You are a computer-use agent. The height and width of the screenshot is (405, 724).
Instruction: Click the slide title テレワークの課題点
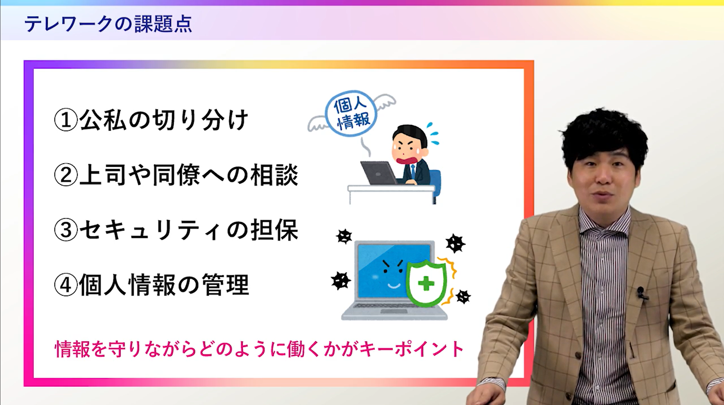coord(108,24)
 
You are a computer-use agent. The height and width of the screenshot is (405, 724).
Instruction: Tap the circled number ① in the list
coord(66,120)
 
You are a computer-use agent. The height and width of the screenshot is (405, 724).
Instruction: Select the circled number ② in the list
coord(66,175)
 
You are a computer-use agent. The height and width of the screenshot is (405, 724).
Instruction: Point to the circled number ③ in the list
coord(66,230)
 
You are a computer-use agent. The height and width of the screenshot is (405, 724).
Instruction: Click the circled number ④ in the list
coord(66,285)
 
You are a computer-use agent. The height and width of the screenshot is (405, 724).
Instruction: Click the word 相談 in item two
coord(274,175)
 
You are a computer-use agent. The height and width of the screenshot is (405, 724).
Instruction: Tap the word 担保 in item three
coord(274,230)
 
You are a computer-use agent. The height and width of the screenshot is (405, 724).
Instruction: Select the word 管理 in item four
coord(225,285)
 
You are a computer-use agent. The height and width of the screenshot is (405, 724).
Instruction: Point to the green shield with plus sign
coord(426,283)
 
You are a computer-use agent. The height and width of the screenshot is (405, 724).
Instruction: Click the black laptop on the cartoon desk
coord(379,173)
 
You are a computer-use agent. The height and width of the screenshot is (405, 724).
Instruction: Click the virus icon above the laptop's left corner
coord(344,236)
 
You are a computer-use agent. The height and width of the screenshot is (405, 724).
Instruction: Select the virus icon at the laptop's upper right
coord(455,244)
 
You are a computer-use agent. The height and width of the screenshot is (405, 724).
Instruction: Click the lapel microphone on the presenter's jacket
coord(642,293)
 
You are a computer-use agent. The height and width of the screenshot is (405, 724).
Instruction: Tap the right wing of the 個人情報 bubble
coord(385,102)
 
